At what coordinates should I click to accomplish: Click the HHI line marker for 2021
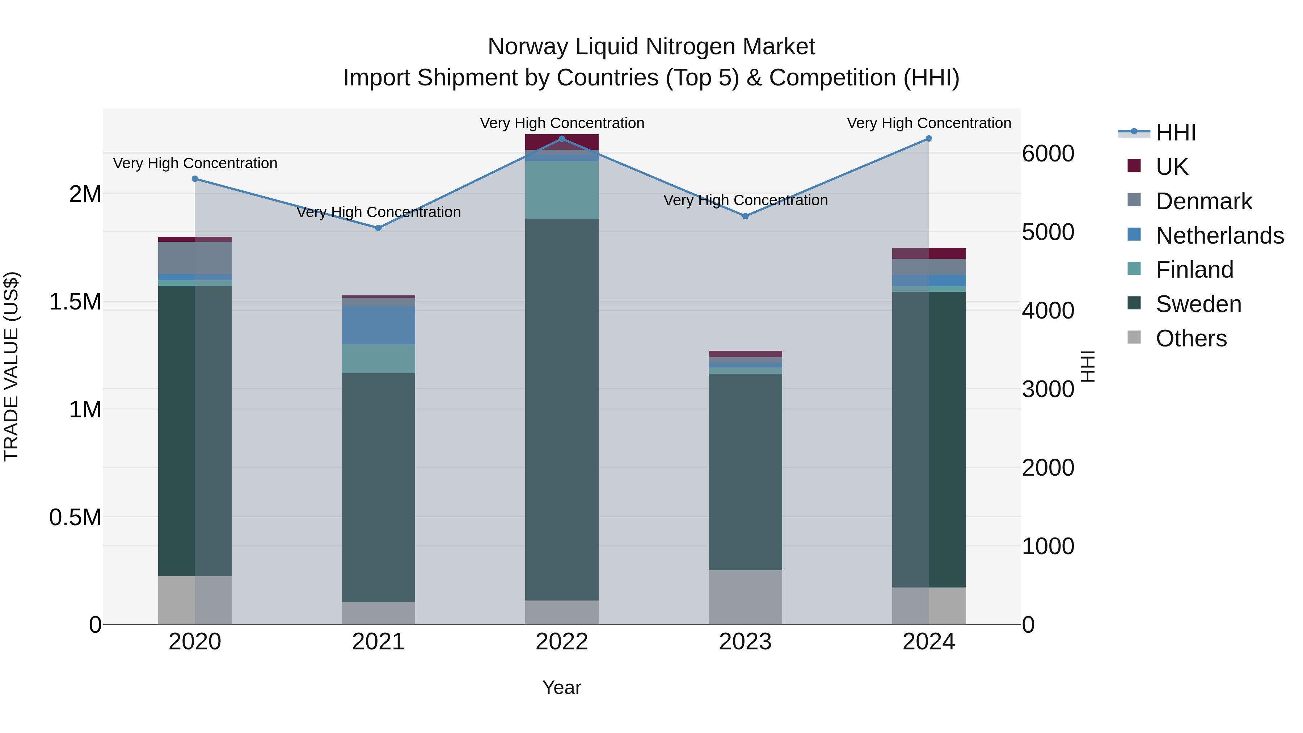[x=378, y=228]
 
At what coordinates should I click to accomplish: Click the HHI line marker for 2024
[x=929, y=139]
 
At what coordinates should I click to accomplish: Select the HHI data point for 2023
[x=745, y=216]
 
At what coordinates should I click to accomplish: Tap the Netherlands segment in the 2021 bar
[x=378, y=325]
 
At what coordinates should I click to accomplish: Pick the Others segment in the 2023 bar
[x=745, y=597]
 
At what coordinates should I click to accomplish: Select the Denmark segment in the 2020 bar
[x=195, y=258]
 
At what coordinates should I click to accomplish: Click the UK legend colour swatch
[x=1134, y=166]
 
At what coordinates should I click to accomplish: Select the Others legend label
[x=1191, y=338]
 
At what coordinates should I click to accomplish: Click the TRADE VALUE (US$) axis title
[x=12, y=366]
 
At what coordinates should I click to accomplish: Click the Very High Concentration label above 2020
[x=195, y=163]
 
